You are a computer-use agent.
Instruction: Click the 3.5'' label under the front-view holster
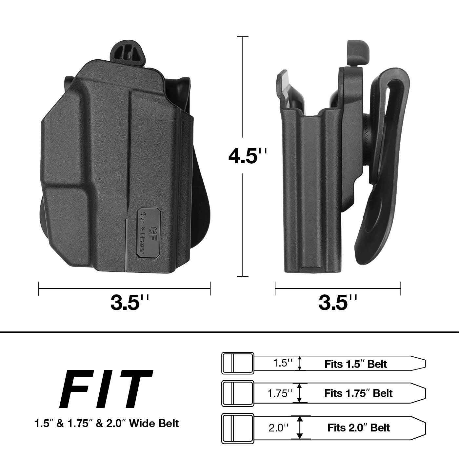click(x=130, y=302)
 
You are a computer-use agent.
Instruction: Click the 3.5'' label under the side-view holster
click(x=338, y=302)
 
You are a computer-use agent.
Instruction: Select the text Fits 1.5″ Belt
click(x=356, y=364)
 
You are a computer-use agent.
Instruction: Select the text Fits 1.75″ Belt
click(x=358, y=393)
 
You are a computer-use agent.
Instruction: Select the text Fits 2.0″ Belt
click(x=359, y=427)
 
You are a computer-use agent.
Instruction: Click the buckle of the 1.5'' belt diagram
click(x=238, y=363)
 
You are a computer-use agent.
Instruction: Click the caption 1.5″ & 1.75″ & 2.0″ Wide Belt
click(x=107, y=423)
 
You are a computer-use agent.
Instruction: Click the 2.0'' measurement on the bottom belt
click(x=279, y=427)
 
